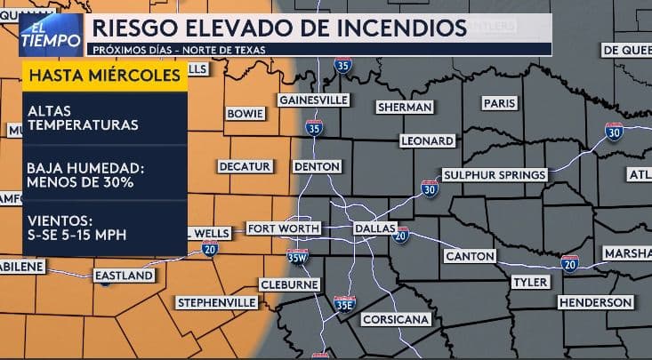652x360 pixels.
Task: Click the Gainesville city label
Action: [313, 100]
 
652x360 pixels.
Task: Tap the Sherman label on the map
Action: [405, 107]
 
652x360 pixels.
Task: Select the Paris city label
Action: [499, 103]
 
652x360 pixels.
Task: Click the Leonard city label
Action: [427, 140]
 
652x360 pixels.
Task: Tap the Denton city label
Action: [316, 166]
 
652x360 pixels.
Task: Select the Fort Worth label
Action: [283, 228]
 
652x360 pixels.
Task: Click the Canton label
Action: [470, 256]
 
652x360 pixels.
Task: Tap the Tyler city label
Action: [531, 282]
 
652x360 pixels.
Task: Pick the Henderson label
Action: [595, 303]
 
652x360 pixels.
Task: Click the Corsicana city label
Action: [396, 319]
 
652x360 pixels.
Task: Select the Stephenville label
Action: [217, 303]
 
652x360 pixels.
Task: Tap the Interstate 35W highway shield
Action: [297, 257]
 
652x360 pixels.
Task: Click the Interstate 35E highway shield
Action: [344, 304]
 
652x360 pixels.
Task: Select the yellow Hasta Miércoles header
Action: [105, 76]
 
